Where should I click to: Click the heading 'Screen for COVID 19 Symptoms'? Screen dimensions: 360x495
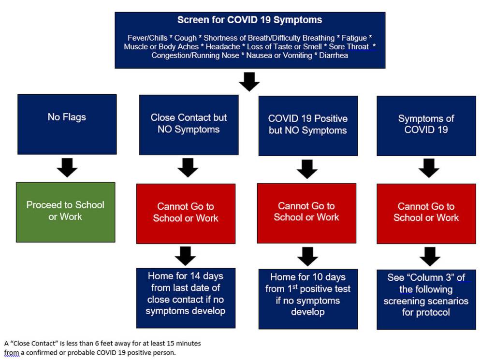click(x=249, y=20)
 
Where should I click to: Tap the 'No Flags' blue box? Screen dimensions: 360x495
click(x=67, y=124)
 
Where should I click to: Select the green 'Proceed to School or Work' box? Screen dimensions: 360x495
click(x=65, y=212)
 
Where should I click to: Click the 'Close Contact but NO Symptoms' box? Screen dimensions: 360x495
click(x=189, y=124)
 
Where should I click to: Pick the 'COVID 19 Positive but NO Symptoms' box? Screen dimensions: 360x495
click(x=307, y=125)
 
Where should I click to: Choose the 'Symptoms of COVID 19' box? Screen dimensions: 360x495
click(x=426, y=125)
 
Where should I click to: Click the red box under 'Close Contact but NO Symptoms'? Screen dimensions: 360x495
click(x=186, y=213)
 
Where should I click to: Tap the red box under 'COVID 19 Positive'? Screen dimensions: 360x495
click(x=306, y=213)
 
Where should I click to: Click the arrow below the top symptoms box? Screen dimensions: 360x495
click(x=249, y=81)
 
